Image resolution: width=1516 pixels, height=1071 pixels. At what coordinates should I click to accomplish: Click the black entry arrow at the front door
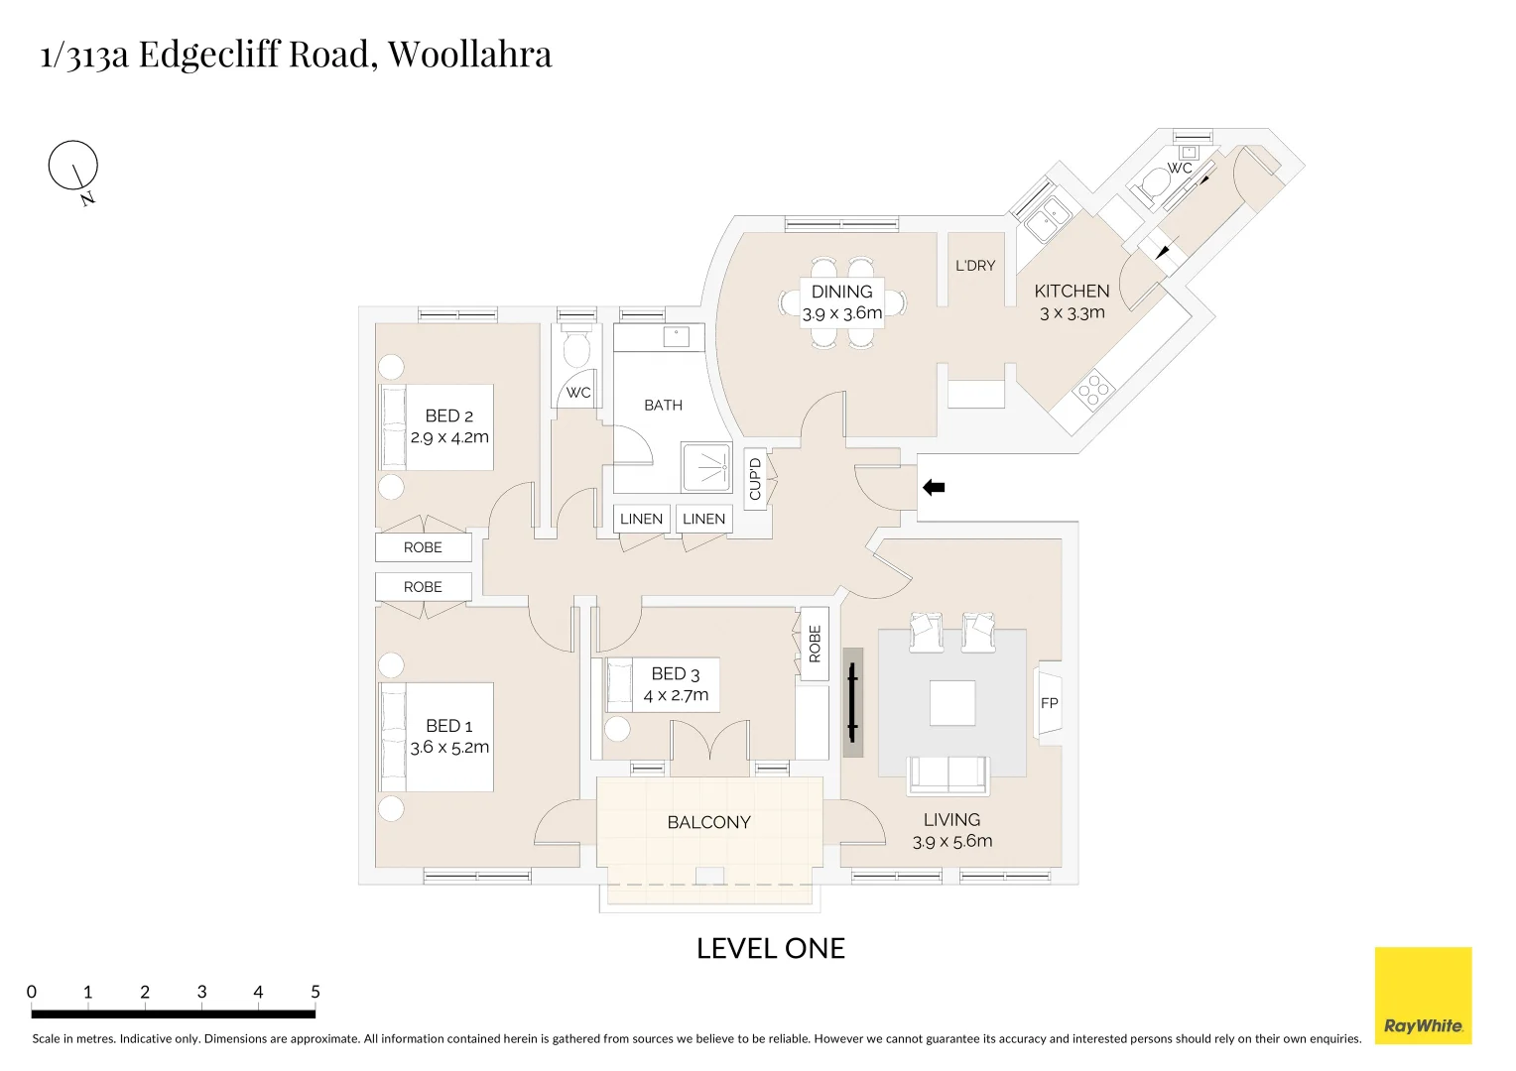[934, 487]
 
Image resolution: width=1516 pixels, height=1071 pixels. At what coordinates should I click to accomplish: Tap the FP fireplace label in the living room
[1049, 703]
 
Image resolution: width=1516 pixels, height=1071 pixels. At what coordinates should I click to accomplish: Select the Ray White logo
[1423, 995]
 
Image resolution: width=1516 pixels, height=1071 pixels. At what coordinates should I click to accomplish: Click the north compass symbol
[73, 167]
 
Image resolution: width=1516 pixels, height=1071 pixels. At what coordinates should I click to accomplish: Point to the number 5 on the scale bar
[316, 992]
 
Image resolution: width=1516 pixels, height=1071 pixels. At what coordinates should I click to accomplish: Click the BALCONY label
[708, 822]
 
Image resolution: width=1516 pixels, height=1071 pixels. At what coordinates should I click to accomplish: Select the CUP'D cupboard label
[755, 479]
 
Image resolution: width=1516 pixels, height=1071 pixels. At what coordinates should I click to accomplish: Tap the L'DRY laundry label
[974, 266]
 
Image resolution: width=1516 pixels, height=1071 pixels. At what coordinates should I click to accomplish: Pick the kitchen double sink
[1047, 217]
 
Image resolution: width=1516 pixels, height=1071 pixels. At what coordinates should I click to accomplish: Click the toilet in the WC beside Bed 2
[575, 349]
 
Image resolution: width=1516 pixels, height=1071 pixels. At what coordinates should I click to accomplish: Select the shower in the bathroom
[706, 468]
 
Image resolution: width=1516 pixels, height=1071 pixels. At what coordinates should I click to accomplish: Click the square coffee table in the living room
[951, 703]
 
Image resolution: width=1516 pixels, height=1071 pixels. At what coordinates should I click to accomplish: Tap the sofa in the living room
[947, 774]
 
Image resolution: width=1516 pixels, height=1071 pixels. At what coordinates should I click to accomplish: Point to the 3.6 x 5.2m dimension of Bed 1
[449, 748]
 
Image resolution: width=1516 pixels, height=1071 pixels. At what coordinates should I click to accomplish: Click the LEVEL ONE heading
[770, 948]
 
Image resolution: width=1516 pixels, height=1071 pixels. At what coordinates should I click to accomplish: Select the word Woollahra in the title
[469, 54]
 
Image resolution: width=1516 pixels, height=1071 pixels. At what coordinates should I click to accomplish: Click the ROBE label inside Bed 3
[815, 644]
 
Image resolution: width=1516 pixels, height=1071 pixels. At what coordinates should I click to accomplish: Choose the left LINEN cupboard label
[641, 519]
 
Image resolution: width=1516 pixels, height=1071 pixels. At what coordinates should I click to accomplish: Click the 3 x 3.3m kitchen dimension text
[1072, 313]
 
